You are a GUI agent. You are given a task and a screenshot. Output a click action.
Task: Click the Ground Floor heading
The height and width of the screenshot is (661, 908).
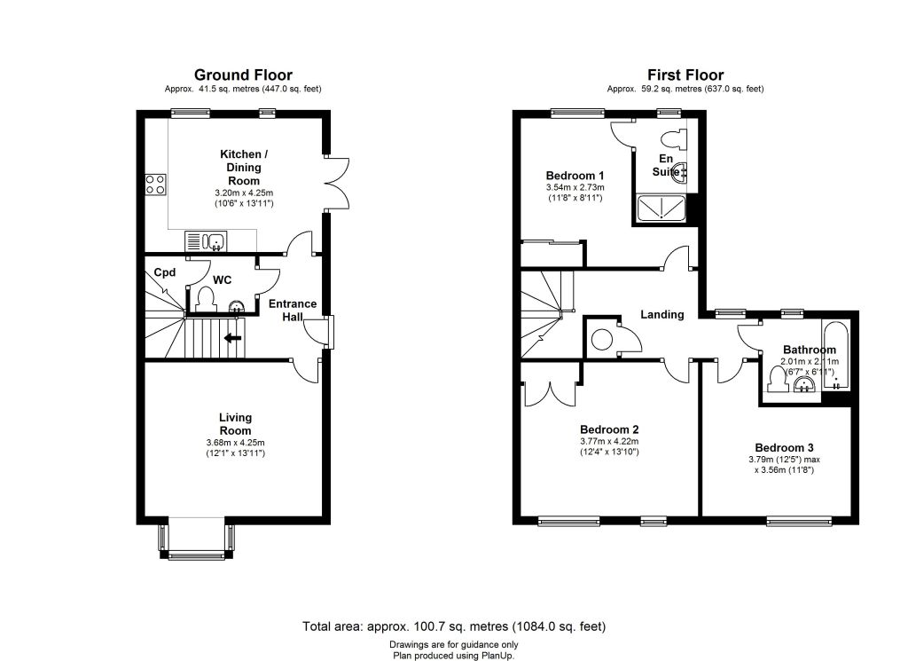(243, 75)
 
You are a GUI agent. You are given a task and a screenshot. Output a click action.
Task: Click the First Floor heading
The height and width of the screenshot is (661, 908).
(685, 75)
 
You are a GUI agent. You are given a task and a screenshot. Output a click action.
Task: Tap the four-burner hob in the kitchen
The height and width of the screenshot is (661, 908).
(155, 185)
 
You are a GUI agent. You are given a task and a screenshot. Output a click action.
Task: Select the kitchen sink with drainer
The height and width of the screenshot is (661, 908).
(206, 241)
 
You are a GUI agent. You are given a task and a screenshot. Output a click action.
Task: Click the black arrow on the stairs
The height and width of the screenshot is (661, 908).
(233, 338)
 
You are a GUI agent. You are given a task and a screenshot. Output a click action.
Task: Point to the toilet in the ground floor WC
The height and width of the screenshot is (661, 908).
(205, 299)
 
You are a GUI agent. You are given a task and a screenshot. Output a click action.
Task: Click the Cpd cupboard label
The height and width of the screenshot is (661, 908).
(164, 272)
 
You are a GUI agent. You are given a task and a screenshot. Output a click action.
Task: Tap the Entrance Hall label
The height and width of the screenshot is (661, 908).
(293, 310)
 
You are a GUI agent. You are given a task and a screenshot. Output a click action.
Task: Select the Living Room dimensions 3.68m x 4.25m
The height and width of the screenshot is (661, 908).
(235, 443)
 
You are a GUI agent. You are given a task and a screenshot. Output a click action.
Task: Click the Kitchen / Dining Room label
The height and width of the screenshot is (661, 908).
(244, 168)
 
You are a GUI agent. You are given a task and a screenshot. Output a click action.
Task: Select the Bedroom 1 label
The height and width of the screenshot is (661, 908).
(575, 176)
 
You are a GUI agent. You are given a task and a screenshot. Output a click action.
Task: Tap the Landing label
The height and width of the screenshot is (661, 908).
(661, 315)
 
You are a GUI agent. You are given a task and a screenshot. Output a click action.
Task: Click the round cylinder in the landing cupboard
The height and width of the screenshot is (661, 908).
(602, 339)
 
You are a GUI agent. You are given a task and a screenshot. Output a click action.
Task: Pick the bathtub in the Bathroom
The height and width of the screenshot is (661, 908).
(835, 355)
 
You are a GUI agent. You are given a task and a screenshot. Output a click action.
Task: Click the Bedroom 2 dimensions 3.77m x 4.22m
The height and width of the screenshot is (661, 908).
(609, 442)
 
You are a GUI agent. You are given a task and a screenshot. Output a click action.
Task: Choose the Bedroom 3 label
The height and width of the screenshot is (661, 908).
(784, 448)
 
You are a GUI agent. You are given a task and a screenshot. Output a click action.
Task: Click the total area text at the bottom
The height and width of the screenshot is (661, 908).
(454, 626)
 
